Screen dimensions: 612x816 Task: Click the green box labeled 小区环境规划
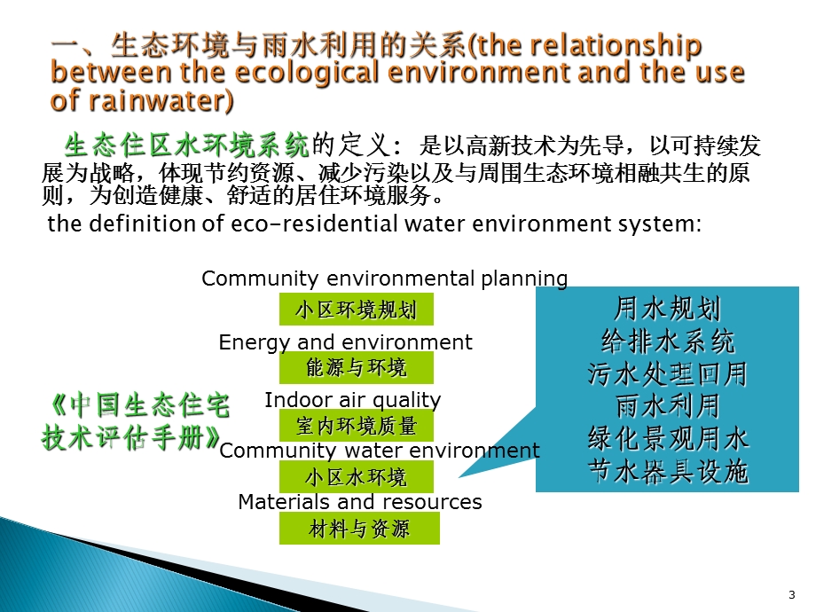357,310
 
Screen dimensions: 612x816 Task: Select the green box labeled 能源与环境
357,367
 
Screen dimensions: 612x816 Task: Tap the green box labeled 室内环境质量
357,426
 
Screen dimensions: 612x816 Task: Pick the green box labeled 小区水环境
357,477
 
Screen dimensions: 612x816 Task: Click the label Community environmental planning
384,279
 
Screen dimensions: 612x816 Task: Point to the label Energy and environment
345,342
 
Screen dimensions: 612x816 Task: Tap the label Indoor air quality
352,400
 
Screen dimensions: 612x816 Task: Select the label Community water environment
379,451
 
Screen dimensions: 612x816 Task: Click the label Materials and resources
359,502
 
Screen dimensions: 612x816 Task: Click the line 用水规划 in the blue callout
668,309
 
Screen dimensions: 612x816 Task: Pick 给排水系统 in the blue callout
668,341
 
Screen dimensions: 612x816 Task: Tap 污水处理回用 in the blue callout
668,373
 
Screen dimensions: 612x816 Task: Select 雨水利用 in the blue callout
668,406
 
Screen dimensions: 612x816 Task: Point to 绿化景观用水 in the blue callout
668,438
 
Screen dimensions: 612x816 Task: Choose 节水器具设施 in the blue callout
668,471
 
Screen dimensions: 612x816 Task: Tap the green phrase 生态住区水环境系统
186,145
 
